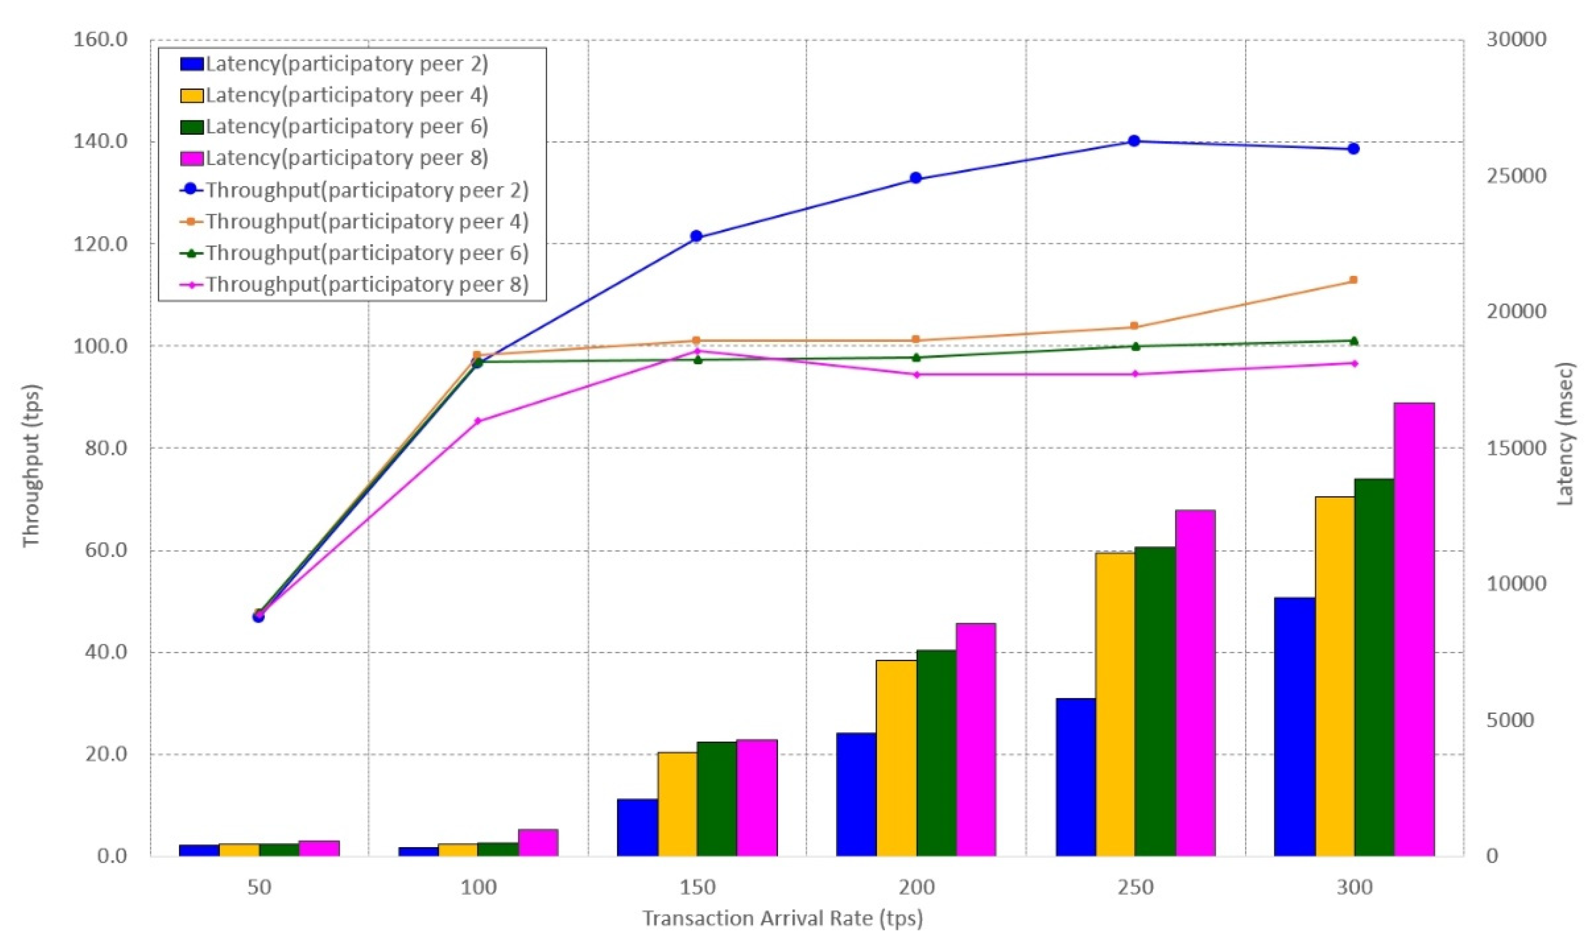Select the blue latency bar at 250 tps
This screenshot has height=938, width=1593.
coord(1075,777)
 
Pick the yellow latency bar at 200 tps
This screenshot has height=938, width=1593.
coord(896,758)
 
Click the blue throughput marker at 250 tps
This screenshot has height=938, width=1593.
coord(1134,141)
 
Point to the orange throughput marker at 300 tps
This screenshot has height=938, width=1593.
coord(1354,280)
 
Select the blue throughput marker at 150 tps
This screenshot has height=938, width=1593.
coord(696,236)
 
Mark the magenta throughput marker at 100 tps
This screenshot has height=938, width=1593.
coord(477,420)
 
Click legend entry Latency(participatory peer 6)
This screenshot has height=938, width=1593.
coord(346,126)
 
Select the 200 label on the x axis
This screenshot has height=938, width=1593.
coord(916,887)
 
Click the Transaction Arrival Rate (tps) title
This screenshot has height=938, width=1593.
coord(782,918)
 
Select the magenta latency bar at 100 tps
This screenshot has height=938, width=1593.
coord(538,843)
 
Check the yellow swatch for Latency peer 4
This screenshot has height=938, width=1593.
coord(192,95)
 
